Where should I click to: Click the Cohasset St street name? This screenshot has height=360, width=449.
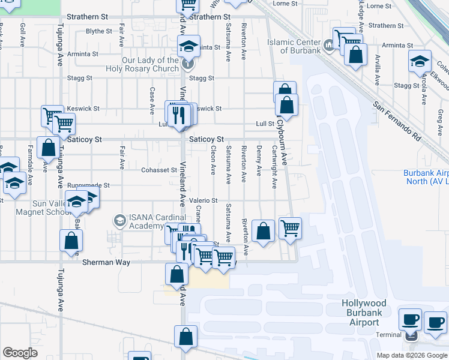pos(160,170)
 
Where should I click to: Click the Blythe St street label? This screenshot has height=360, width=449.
pos(98,31)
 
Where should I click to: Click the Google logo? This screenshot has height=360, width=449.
pos(20,352)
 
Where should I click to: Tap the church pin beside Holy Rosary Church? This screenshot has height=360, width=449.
pos(188,62)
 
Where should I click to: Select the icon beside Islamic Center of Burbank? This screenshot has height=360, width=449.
pos(329,45)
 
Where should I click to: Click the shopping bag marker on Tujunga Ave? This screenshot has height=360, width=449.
pos(71,241)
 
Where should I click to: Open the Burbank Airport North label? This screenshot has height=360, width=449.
pos(426,177)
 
